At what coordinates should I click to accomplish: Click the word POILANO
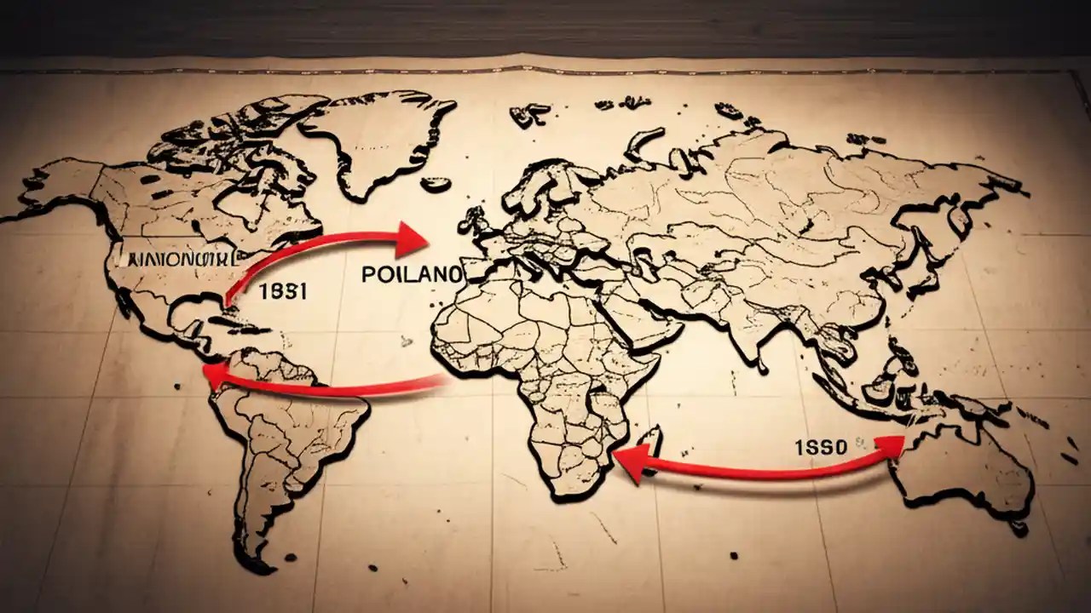[x=411, y=274]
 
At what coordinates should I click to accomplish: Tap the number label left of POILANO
[x=282, y=289]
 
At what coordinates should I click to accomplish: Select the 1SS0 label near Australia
[x=821, y=448]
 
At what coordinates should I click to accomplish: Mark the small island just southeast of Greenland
[x=436, y=183]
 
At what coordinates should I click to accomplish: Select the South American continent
[x=281, y=443]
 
